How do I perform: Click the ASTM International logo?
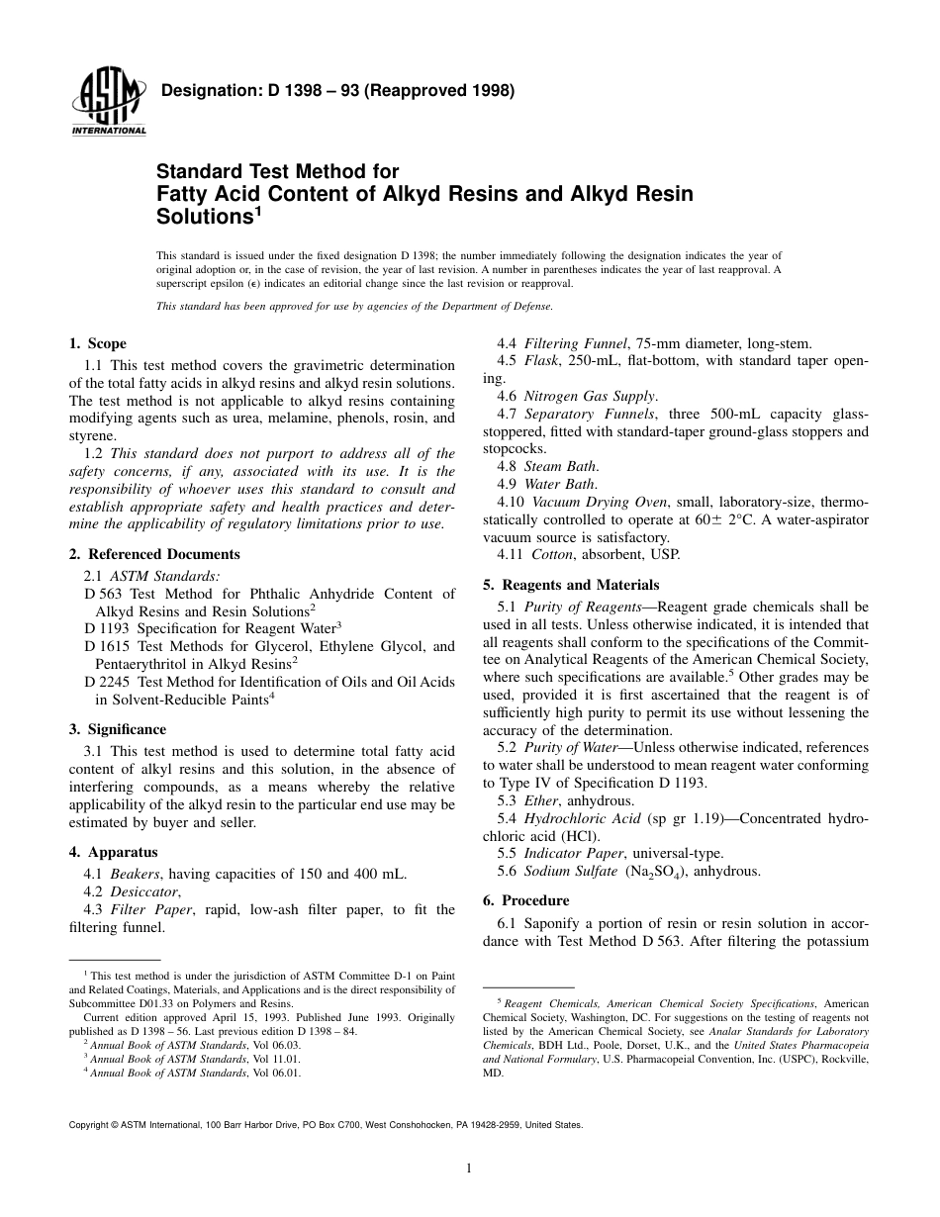108,103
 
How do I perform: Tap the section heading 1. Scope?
97,344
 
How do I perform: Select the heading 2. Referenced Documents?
153,554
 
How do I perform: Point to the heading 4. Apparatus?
113,852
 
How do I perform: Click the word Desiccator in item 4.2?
144,890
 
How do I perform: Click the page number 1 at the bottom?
469,1169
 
